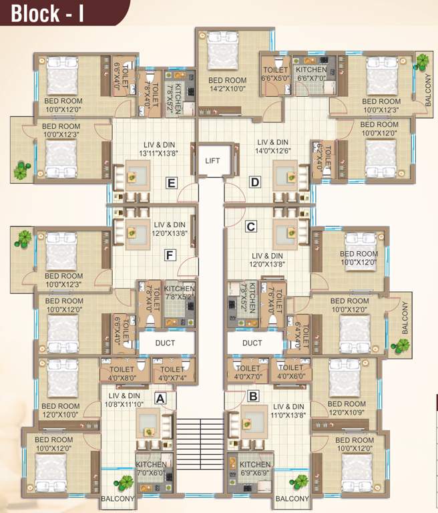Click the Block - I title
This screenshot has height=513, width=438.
coord(47,13)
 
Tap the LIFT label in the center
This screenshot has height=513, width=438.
coord(212,161)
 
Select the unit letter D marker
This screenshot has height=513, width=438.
coord(254,182)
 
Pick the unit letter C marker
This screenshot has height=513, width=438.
coord(250,226)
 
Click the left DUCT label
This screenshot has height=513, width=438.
coord(166,343)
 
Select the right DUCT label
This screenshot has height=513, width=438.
coord(252,343)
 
